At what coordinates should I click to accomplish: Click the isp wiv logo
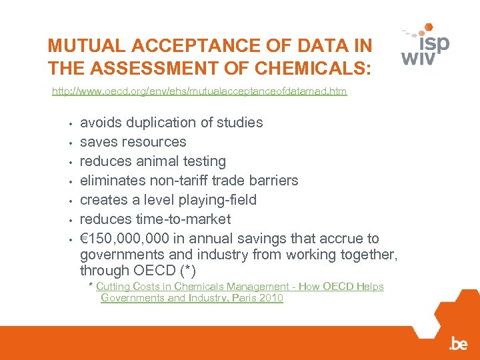[425, 45]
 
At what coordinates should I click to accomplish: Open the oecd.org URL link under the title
[199, 91]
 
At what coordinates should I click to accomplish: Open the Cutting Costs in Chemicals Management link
[240, 287]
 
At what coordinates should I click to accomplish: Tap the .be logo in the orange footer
[458, 344]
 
